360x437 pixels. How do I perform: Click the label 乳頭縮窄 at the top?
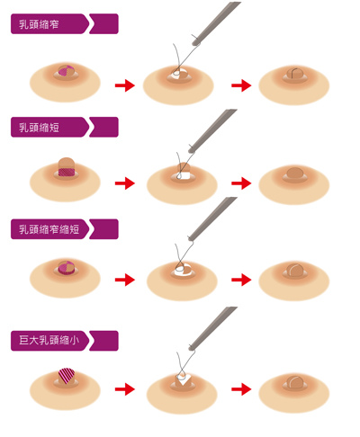(x=39, y=24)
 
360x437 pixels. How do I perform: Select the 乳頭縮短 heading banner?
(x=65, y=127)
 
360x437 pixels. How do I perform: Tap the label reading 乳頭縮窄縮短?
(x=49, y=229)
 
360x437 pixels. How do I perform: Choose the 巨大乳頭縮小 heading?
(x=49, y=340)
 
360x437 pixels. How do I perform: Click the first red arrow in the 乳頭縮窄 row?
(x=125, y=85)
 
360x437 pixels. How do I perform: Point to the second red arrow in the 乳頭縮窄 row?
(x=241, y=85)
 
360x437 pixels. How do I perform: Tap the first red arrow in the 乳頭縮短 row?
(x=125, y=183)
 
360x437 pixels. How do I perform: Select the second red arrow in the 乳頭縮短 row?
(x=241, y=183)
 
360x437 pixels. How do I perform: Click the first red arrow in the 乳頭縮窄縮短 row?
(x=125, y=280)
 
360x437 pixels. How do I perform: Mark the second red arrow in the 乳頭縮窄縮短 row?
(x=241, y=280)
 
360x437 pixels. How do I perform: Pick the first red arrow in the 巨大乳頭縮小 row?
(x=125, y=389)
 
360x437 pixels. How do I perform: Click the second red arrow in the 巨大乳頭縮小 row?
(x=241, y=389)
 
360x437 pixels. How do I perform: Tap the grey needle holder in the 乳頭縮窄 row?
(x=216, y=23)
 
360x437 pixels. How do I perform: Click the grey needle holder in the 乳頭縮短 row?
(x=212, y=130)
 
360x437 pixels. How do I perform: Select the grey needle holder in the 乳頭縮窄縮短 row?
(x=212, y=218)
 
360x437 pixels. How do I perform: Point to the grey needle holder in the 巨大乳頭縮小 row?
(x=212, y=328)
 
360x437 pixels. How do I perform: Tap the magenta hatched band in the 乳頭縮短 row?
(x=66, y=172)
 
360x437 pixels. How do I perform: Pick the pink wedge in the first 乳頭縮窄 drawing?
(x=64, y=71)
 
